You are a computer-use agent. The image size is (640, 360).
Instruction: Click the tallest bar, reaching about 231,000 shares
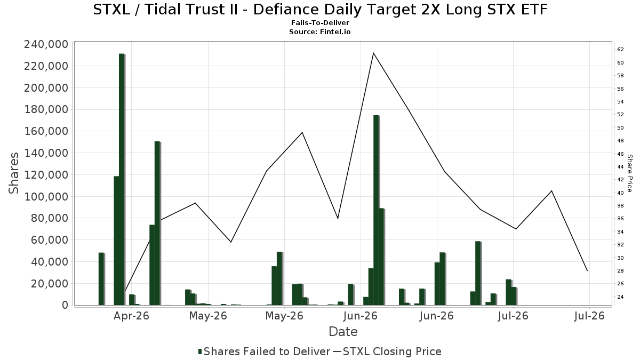[x=122, y=179]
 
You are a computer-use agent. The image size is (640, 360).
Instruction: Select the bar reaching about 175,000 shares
[x=376, y=210]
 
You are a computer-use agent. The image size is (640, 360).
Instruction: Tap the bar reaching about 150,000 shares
[x=157, y=223]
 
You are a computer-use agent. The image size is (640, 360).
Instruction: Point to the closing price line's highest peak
[x=373, y=53]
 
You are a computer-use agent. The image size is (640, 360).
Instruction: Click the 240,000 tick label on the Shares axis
[x=46, y=45]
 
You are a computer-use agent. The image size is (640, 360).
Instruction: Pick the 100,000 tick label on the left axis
[x=46, y=197]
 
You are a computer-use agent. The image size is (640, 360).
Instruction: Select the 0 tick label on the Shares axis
[x=65, y=305]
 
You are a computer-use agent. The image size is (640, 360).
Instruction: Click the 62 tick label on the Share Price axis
[x=620, y=50]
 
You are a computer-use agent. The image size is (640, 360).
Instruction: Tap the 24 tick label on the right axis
[x=620, y=297]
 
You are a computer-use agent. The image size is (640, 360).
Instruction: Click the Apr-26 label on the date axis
[x=131, y=316]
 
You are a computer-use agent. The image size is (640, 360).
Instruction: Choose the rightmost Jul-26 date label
[x=589, y=316]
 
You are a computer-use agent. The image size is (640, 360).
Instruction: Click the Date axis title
[x=343, y=332]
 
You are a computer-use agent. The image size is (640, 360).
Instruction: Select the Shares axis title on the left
[x=13, y=173]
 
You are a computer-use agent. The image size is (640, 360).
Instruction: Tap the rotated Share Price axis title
[x=629, y=173]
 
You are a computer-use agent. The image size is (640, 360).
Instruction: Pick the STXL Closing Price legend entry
[x=387, y=351]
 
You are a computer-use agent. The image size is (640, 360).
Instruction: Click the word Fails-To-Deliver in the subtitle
[x=320, y=23]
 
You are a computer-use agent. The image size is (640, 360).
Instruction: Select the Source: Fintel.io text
[x=320, y=31]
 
